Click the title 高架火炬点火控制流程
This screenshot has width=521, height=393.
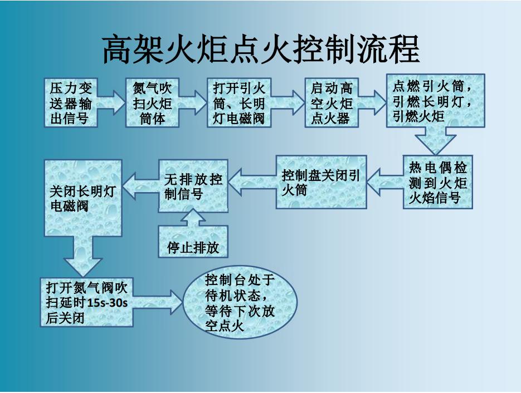pos(261,49)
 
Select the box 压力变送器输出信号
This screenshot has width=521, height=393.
pos(71,102)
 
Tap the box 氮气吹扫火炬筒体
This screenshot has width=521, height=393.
pos(153,102)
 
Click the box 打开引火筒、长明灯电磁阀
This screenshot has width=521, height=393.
pos(239,102)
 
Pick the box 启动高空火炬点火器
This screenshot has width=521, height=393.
pos(332,102)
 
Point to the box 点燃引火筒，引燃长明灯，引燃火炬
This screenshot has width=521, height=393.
pos(435,101)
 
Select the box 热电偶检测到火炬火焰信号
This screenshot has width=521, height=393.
pos(437,182)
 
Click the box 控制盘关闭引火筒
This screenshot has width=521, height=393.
pos(322,182)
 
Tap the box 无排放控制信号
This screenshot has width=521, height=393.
pos(193,186)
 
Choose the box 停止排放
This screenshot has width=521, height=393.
pos(193,241)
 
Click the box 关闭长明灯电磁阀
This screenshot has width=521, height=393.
pos(83,198)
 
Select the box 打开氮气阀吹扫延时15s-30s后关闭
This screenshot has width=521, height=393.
pos(87,302)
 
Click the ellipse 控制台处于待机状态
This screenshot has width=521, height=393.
pos(240,302)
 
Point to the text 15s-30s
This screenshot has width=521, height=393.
pos(108,303)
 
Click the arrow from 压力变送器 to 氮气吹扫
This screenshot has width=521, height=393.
pos(111,102)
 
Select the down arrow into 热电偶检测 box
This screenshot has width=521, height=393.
pos(435,141)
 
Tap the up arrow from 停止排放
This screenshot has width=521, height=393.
pos(193,218)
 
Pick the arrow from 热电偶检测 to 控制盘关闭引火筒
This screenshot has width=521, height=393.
pos(385,182)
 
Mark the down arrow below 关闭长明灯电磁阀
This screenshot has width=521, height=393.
pos(82,257)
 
